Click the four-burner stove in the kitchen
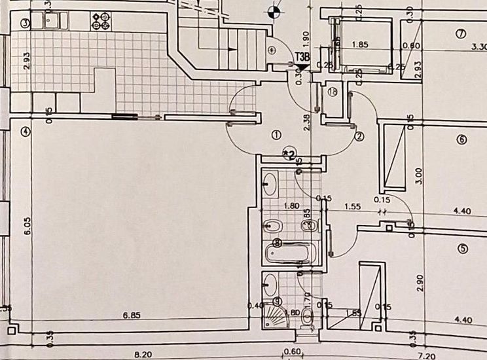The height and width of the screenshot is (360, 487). click(x=101, y=21)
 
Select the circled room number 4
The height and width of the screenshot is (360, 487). click(x=26, y=131)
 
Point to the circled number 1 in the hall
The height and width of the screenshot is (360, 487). click(x=276, y=135)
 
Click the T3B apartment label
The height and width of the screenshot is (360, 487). click(x=302, y=58)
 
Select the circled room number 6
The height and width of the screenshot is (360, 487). click(x=461, y=139)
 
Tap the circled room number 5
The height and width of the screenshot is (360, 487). click(x=463, y=249)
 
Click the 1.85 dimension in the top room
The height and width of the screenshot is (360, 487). click(x=360, y=45)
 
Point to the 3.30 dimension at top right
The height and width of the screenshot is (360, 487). click(x=479, y=46)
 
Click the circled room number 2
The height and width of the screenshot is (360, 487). click(x=359, y=137)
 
